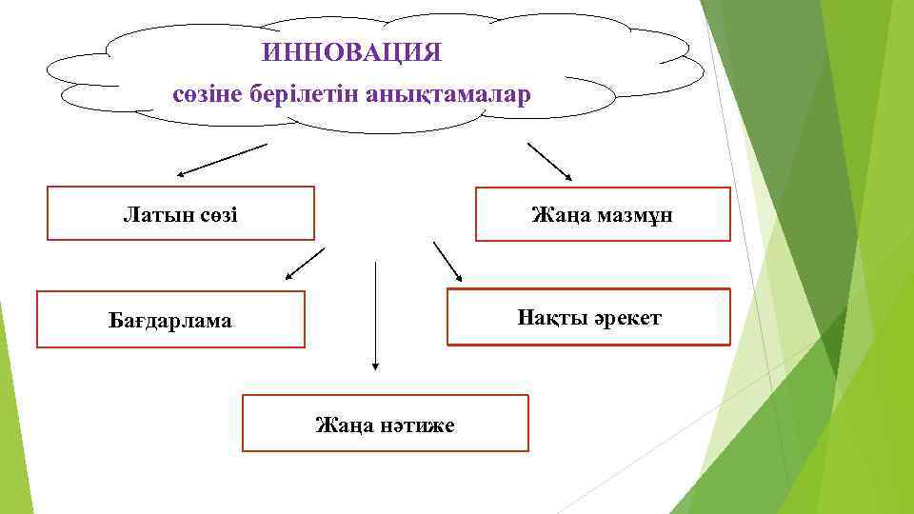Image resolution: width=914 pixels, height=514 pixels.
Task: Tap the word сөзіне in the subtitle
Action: (203, 95)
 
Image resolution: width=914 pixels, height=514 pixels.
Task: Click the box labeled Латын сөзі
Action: (181, 213)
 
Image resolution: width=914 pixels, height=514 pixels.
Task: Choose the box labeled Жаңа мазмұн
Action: (603, 214)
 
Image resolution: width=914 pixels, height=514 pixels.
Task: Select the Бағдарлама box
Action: (170, 320)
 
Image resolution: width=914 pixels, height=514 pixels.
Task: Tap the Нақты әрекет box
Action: (588, 316)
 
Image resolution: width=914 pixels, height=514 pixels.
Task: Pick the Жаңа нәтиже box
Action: (385, 424)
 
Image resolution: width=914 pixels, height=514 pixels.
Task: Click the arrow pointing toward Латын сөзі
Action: (223, 160)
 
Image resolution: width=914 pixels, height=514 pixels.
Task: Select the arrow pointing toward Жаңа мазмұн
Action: (549, 161)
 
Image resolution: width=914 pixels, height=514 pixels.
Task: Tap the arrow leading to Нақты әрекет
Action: (447, 262)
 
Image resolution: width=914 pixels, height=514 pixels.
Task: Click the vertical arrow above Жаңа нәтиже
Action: (376, 314)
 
